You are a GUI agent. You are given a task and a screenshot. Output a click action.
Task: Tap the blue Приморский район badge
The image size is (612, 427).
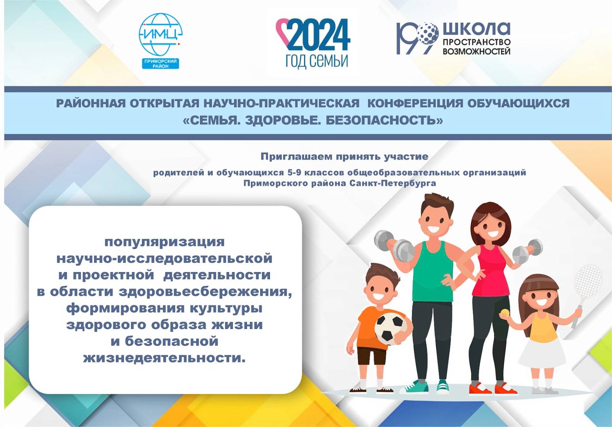point(161,64)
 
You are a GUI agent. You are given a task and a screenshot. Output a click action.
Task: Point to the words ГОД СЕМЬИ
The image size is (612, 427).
point(317,61)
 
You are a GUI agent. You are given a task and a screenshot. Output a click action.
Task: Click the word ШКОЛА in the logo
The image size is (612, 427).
point(476,29)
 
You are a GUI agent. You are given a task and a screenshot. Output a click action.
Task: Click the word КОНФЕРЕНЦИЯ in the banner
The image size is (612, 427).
point(414,103)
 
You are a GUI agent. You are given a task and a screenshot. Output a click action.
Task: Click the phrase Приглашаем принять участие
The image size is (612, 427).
point(344,157)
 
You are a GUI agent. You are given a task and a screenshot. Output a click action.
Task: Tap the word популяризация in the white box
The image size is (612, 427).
point(164,242)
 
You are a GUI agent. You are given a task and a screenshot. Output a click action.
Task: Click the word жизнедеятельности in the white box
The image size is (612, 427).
point(164,358)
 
